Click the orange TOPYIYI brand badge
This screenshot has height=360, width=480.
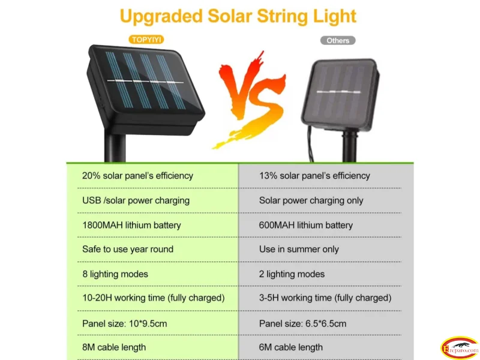[x=146, y=40]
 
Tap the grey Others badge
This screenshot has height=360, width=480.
[x=338, y=40]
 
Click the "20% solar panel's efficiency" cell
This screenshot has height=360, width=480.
[x=137, y=176]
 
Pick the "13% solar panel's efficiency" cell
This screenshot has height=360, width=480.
[x=314, y=176]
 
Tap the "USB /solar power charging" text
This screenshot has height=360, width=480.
[x=136, y=200]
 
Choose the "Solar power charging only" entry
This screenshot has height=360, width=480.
[x=311, y=200]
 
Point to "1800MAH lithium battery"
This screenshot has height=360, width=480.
[x=131, y=225]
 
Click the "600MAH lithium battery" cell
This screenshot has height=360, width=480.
[x=306, y=225]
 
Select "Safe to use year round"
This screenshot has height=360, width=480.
[x=128, y=249]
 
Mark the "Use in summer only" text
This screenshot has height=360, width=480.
[x=299, y=249]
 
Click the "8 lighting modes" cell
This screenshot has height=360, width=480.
[x=115, y=274]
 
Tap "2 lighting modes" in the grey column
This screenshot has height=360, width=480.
[x=292, y=274]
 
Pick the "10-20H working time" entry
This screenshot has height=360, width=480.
[x=154, y=298]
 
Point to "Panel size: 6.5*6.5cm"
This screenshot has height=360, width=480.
[x=302, y=323]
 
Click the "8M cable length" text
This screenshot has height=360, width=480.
[x=114, y=347]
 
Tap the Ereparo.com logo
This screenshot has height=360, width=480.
[x=460, y=347]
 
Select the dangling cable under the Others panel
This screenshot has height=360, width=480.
[x=310, y=144]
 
